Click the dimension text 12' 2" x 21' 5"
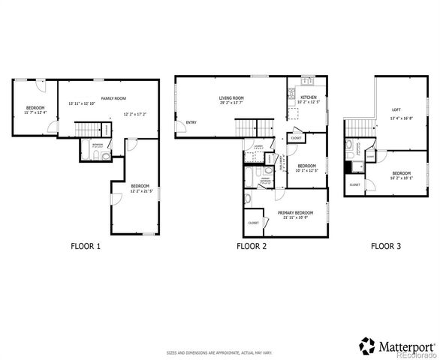tap(140, 191)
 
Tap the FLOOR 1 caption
tap(86, 245)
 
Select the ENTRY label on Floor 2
tap(191, 123)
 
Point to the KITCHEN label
tap(309, 97)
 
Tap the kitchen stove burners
tap(291, 93)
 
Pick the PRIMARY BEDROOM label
tap(295, 212)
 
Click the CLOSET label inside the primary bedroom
tap(253, 222)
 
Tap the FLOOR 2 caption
tap(252, 245)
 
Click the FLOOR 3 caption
tap(386, 245)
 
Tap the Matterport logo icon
tap(367, 346)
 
